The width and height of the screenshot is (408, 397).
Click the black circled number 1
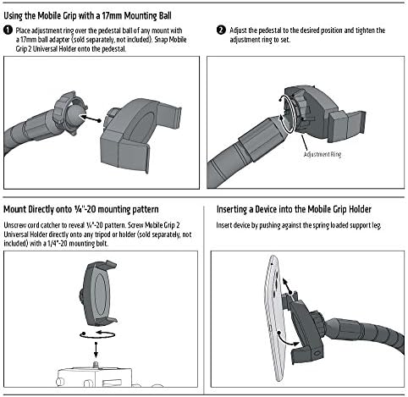(x=8, y=30)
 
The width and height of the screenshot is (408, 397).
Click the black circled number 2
(x=221, y=30)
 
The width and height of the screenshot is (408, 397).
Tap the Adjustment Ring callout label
(x=323, y=154)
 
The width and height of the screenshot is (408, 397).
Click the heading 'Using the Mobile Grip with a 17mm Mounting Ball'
(x=87, y=16)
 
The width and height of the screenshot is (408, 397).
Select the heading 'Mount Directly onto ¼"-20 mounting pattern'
(x=81, y=210)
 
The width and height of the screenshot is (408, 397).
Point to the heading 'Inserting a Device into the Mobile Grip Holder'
(x=294, y=210)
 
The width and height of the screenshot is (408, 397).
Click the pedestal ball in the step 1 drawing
(x=76, y=115)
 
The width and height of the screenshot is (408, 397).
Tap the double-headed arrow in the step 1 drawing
(x=90, y=119)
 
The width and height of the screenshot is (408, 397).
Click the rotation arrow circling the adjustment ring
(x=288, y=114)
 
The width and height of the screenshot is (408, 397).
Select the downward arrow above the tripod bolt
(x=96, y=350)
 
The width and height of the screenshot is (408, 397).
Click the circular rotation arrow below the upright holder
(x=97, y=334)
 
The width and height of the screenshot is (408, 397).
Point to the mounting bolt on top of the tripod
(x=96, y=364)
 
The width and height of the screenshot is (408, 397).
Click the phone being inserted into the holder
(x=275, y=317)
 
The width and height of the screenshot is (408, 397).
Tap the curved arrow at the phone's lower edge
(x=288, y=339)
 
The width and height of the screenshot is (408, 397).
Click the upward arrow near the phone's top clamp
(x=287, y=286)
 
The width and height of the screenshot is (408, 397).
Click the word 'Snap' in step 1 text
(x=161, y=40)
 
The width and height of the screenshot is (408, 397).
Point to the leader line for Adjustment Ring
(x=305, y=142)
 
